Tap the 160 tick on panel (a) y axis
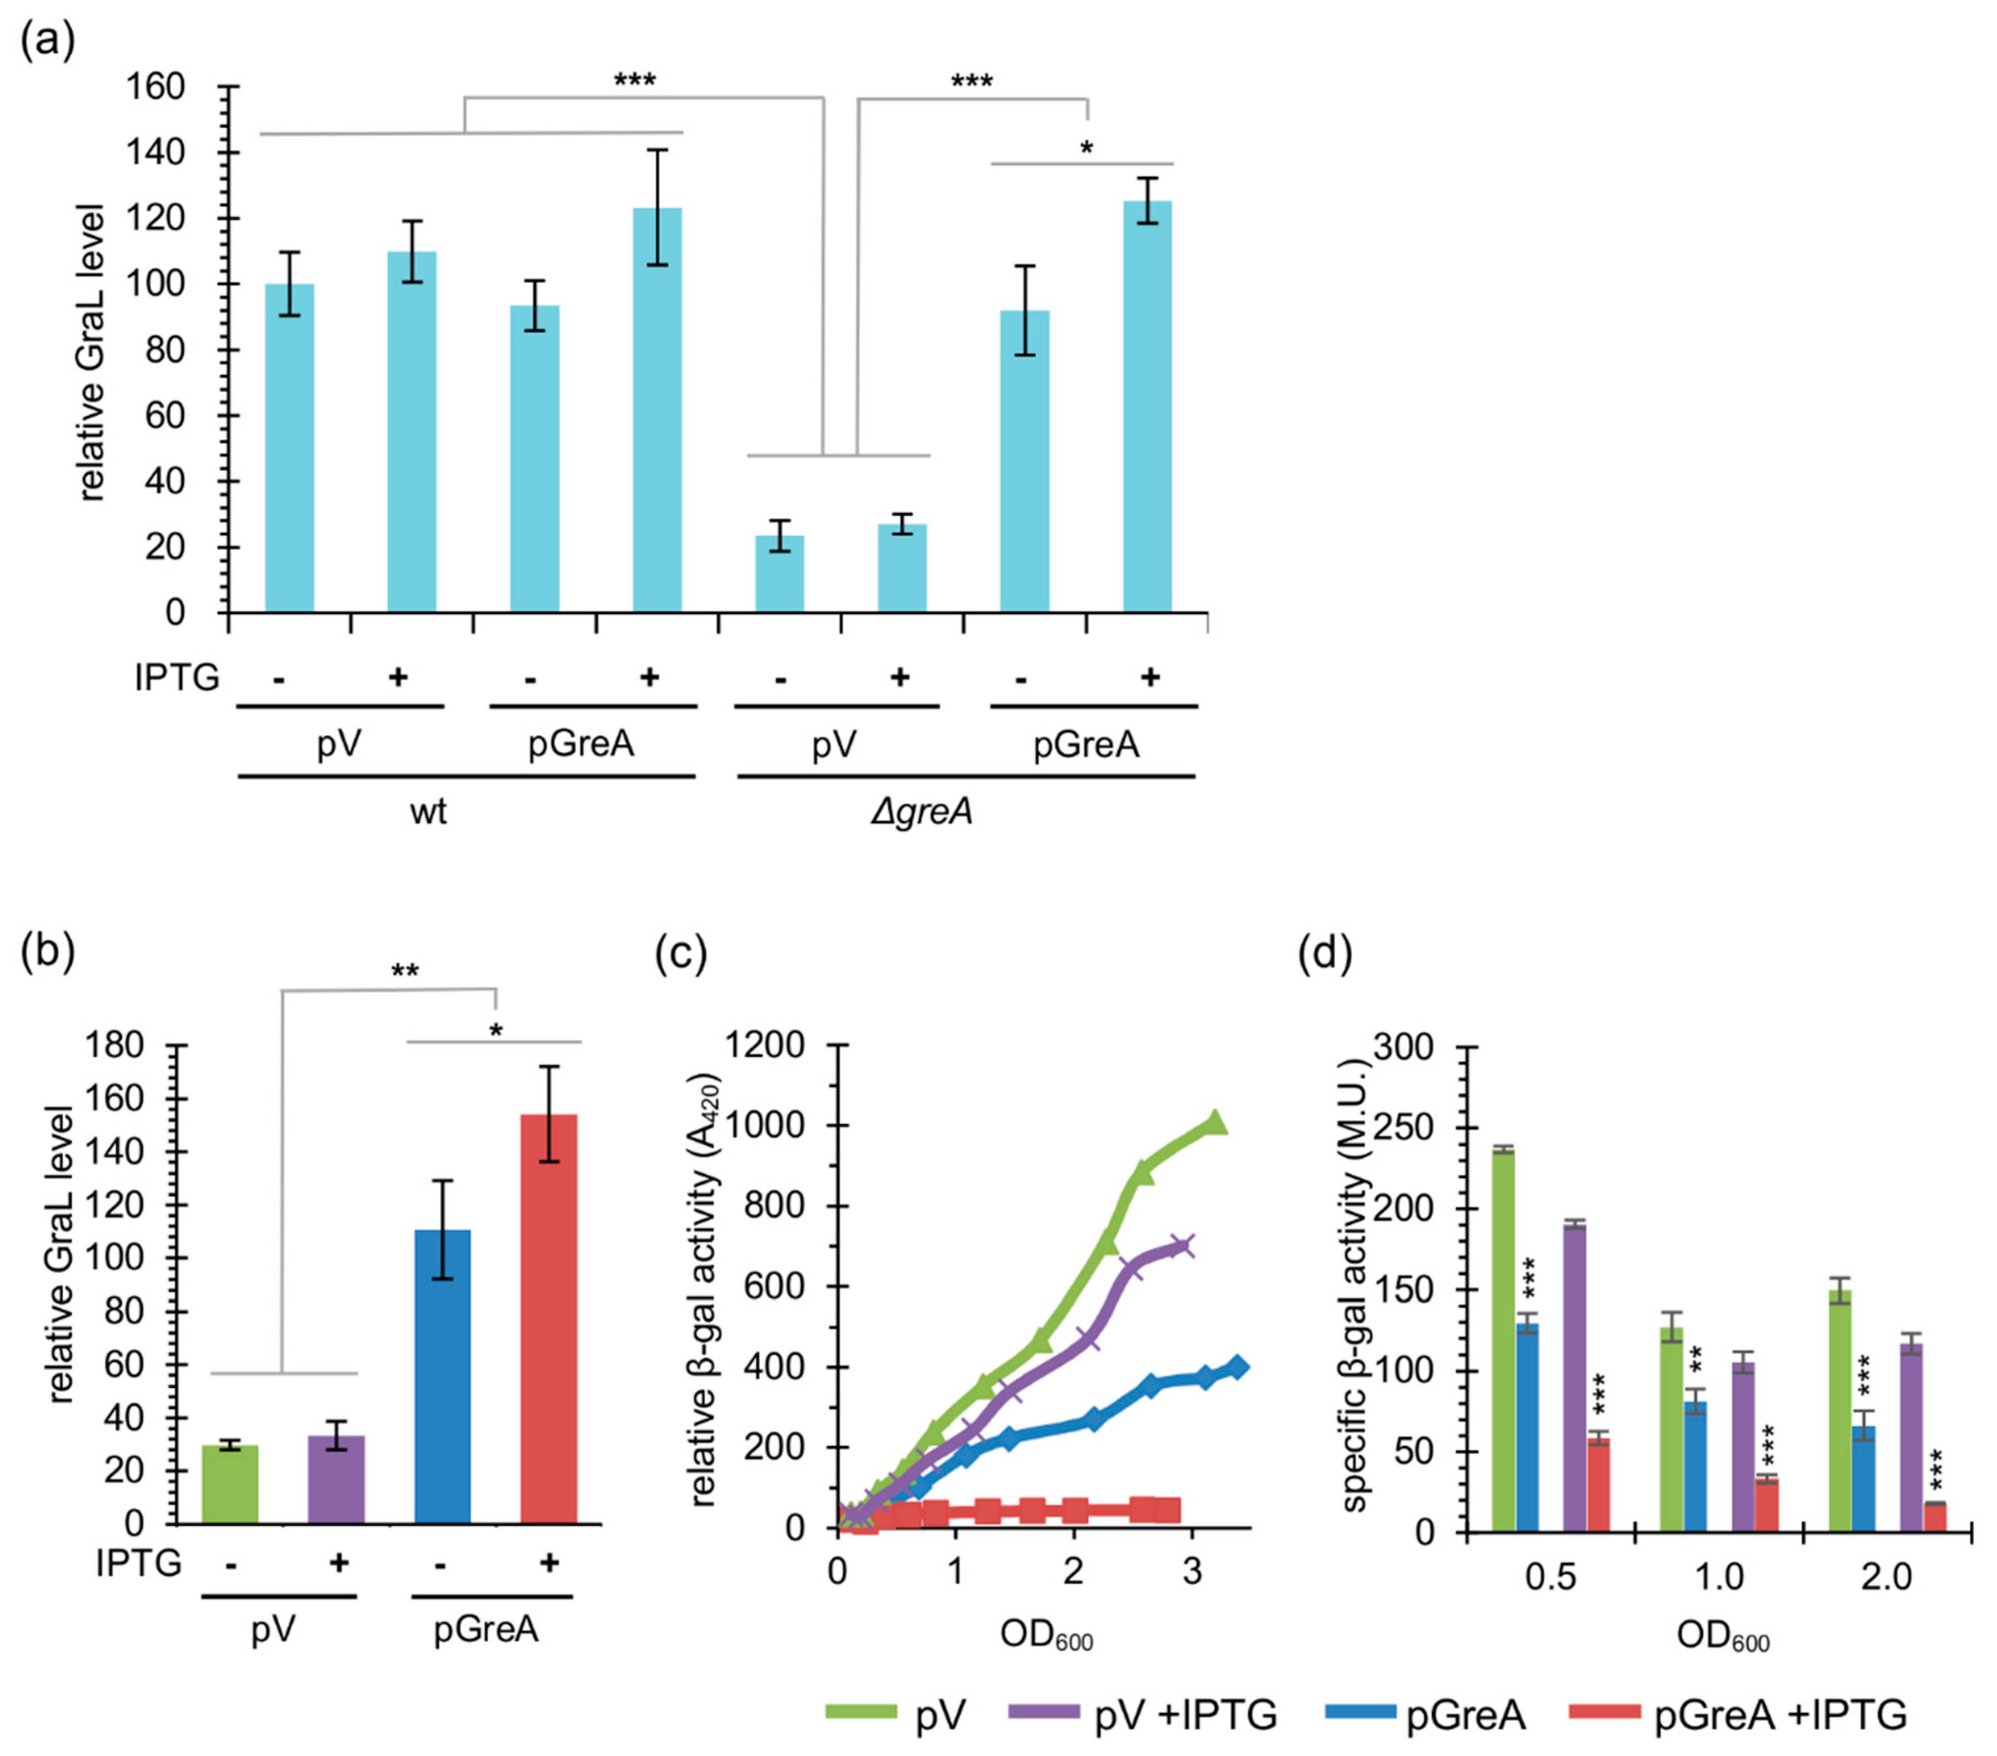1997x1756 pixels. tap(156, 88)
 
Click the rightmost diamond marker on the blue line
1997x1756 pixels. tap(1237, 1367)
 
